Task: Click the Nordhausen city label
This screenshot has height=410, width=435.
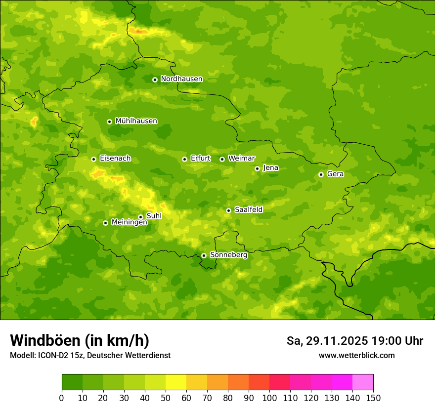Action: tap(181, 79)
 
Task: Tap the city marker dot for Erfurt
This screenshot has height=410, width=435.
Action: tap(184, 159)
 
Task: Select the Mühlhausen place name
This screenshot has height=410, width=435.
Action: tap(136, 121)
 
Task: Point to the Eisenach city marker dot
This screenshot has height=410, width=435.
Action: tap(93, 159)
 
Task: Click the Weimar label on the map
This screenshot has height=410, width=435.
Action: tap(241, 159)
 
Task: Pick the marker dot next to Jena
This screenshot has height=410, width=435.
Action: tap(257, 168)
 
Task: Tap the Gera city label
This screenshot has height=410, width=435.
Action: tap(335, 174)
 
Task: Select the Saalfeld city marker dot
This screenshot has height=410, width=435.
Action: tap(228, 210)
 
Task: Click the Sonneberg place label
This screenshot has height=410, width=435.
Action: tap(228, 255)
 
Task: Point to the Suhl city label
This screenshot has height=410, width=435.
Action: tap(154, 216)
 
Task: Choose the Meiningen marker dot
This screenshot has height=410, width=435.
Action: tap(105, 223)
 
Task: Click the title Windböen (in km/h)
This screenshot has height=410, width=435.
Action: tap(80, 340)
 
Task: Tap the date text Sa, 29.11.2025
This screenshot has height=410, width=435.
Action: tap(327, 341)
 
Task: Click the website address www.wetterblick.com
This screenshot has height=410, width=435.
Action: tap(356, 355)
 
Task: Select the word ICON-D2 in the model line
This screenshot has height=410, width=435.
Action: tap(55, 355)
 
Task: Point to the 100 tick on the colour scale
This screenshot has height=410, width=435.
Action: tap(269, 398)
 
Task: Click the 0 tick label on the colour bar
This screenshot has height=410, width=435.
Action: tap(62, 398)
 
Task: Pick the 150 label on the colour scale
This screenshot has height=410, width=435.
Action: tap(373, 398)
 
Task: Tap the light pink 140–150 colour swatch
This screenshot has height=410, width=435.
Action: tap(363, 382)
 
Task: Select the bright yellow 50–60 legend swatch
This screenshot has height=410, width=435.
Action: tap(176, 382)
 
